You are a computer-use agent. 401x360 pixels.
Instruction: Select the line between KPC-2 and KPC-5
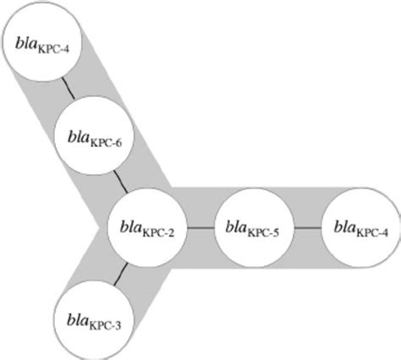coord(200,227)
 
